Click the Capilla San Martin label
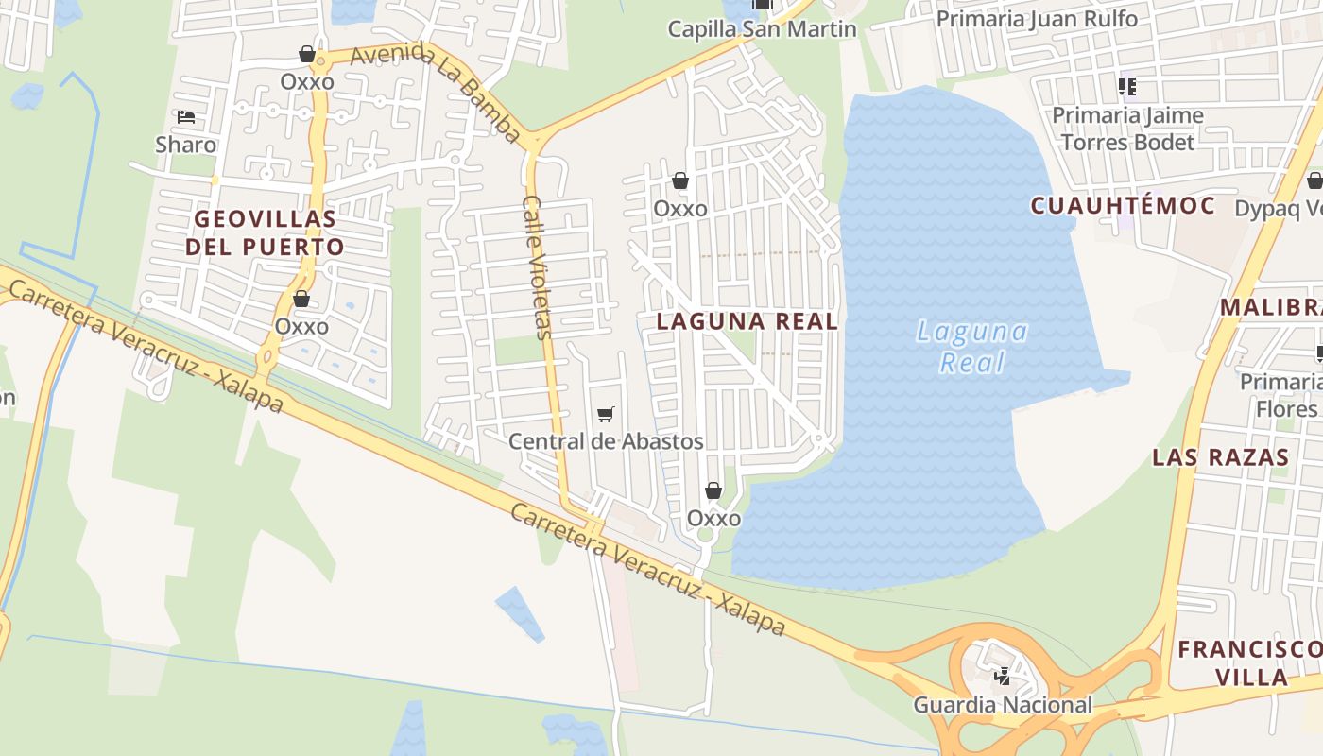tap(762, 29)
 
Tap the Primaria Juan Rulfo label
tap(1037, 19)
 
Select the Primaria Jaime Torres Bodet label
tap(1127, 129)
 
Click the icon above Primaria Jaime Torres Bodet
tap(1126, 87)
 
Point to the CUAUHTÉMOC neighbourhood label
tap(1123, 206)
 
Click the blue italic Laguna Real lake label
tap(972, 347)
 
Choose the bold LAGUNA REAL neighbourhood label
tap(747, 321)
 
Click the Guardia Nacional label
tap(1002, 705)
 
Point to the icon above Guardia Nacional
tap(1002, 676)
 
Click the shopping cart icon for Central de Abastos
tap(606, 414)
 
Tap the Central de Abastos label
tap(606, 441)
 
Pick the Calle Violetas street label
tap(536, 267)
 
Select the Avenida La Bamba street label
tap(436, 93)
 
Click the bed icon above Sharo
tap(186, 118)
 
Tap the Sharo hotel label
tap(186, 146)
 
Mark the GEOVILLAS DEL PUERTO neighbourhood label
tap(265, 233)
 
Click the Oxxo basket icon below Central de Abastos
tap(713, 490)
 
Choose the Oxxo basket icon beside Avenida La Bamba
tap(306, 54)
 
